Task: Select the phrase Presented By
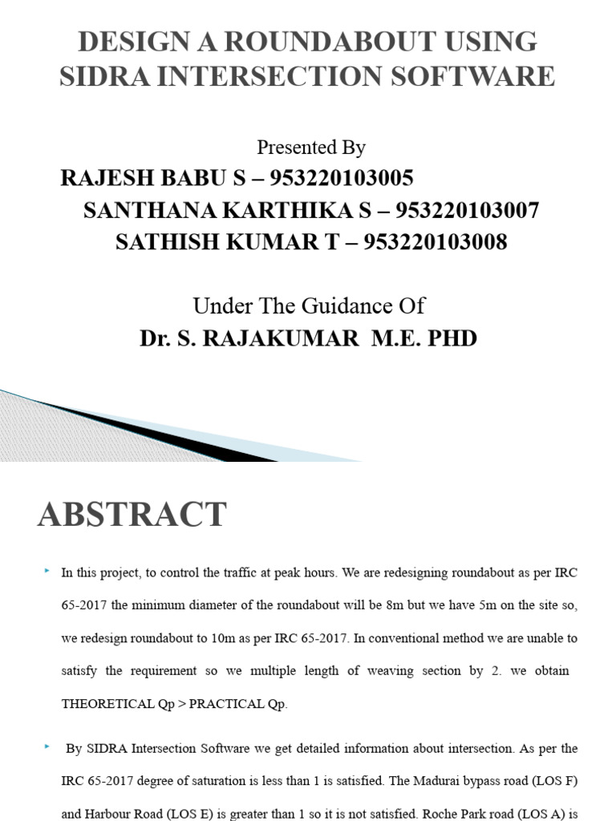coord(311,148)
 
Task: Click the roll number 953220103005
coord(342,178)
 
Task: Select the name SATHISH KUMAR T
coord(228,242)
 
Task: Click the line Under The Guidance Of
coord(309,305)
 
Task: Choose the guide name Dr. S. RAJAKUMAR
coord(249,338)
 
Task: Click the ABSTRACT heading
coord(132,515)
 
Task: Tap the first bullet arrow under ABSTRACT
coord(48,570)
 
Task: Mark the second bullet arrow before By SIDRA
coord(48,746)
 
